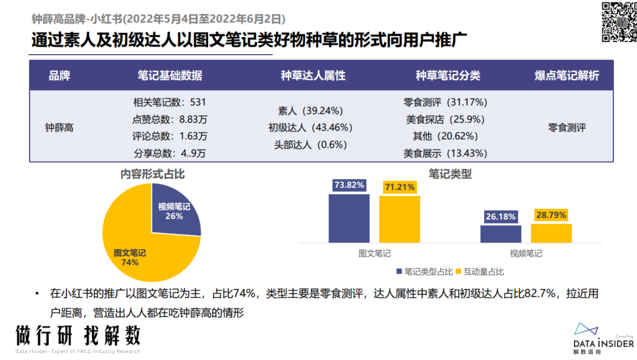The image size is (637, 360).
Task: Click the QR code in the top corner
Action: tap(619, 22)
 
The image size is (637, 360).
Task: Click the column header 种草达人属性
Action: tap(313, 76)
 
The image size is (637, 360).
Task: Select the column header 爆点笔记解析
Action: tap(567, 76)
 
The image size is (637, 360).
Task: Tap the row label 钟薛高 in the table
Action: tap(60, 127)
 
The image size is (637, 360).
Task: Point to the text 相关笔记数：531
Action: tap(170, 102)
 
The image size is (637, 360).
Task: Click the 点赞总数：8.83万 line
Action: tap(170, 119)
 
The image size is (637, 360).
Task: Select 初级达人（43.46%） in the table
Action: tap(310, 127)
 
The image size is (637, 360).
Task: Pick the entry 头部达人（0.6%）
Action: tap(310, 145)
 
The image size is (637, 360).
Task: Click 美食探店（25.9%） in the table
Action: tap(445, 119)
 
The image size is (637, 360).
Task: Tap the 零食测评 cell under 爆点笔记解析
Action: tap(567, 127)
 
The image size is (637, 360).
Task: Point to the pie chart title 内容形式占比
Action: tap(152, 174)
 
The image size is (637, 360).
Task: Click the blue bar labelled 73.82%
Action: tap(349, 218)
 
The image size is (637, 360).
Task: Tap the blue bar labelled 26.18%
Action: tap(501, 234)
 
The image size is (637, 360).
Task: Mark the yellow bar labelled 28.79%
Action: tap(551, 233)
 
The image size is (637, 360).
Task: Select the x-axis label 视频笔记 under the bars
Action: tap(526, 254)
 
